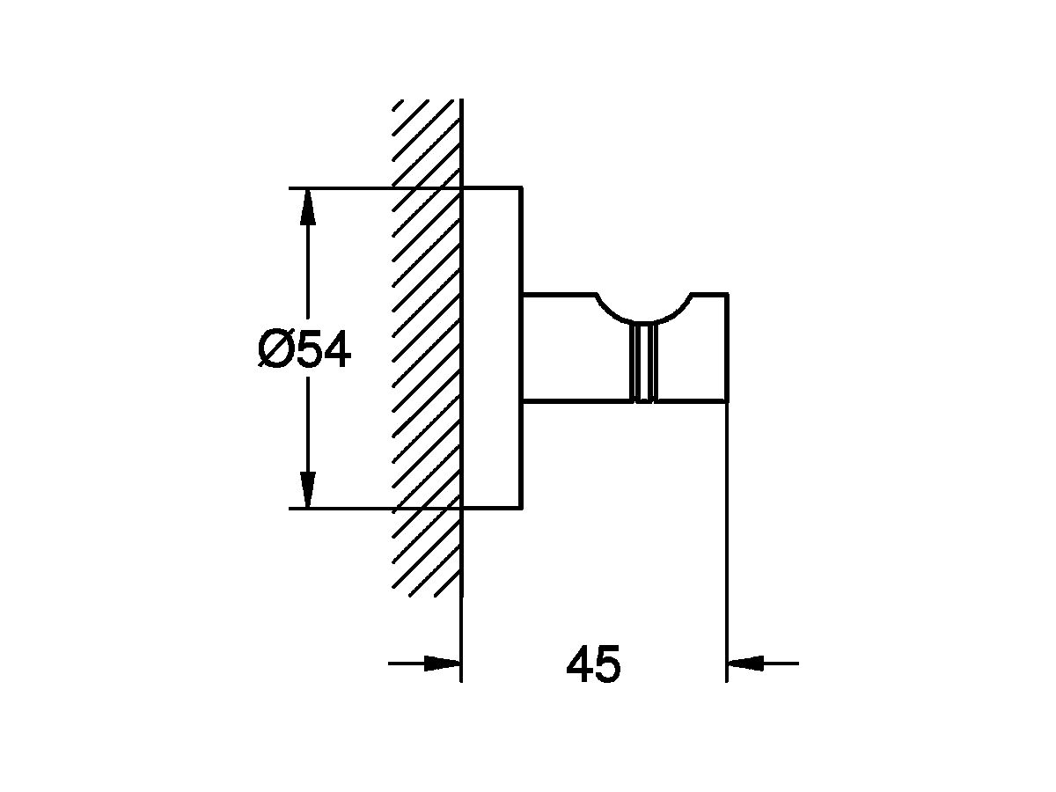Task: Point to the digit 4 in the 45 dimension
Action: click(579, 664)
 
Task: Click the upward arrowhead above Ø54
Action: click(308, 207)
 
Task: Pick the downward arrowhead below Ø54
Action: click(308, 489)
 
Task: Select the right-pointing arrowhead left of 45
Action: click(442, 664)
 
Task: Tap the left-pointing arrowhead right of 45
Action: click(745, 664)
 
